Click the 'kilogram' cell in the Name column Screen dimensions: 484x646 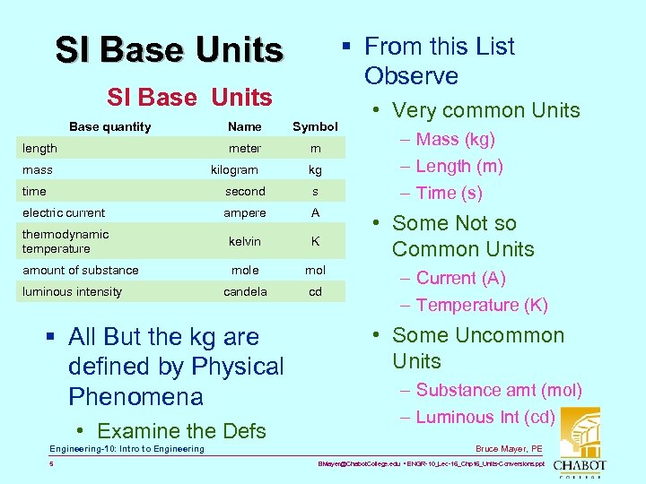click(x=234, y=169)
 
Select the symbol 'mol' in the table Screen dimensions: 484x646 click(x=315, y=270)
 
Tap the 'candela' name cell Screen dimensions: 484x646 click(x=245, y=291)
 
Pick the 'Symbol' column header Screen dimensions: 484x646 click(x=315, y=126)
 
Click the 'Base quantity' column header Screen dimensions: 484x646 click(x=109, y=126)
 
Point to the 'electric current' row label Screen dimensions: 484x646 click(x=64, y=212)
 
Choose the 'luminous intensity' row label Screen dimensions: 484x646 click(x=72, y=291)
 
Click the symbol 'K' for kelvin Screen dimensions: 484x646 click(x=315, y=241)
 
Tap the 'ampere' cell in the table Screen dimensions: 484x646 click(x=245, y=212)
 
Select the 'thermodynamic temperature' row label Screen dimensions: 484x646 click(x=65, y=241)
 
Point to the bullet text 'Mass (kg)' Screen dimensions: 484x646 click(x=455, y=139)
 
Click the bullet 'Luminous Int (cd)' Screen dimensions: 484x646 click(x=485, y=417)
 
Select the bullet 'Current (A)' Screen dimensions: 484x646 click(x=460, y=278)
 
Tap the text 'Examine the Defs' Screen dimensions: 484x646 click(x=181, y=431)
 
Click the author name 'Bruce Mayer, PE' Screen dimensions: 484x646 click(x=510, y=449)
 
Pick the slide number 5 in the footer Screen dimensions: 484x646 click(x=52, y=464)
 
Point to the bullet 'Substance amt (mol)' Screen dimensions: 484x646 click(x=499, y=390)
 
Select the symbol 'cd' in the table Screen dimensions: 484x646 click(x=315, y=291)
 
